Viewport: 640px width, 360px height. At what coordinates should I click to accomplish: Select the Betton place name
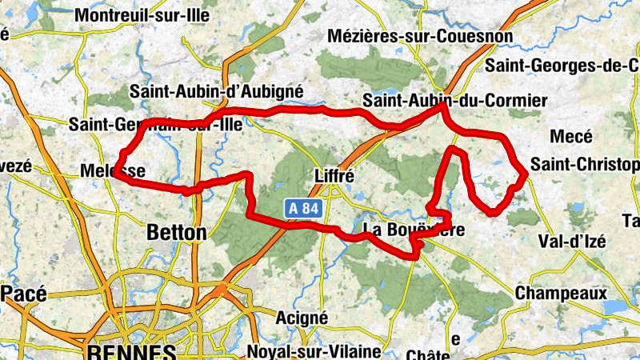[177, 233]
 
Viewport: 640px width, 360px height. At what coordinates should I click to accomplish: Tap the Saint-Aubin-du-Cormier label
[454, 101]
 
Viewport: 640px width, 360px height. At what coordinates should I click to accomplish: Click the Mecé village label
[571, 137]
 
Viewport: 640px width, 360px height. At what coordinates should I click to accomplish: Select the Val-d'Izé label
[572, 241]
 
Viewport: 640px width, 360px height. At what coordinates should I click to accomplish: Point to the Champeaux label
[560, 294]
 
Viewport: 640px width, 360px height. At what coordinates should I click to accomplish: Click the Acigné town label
[301, 318]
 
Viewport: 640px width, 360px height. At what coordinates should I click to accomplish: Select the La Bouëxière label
[413, 230]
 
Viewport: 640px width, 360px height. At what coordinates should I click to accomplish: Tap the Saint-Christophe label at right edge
[585, 165]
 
